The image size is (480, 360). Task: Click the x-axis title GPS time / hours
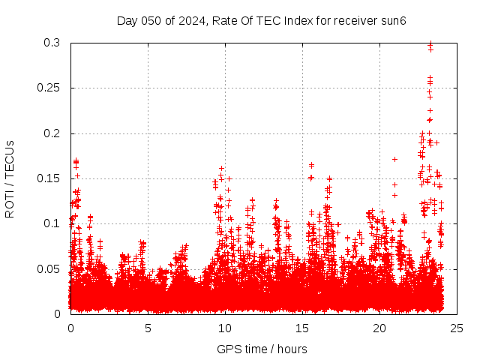(262, 349)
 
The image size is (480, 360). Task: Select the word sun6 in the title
(392, 20)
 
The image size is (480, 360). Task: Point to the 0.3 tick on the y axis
(52, 43)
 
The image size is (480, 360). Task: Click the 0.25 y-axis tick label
(49, 88)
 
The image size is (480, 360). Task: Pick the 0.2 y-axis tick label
(52, 133)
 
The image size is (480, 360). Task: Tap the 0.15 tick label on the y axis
(49, 178)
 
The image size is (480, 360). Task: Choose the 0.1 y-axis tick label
(52, 223)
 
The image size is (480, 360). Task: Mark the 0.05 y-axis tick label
(49, 268)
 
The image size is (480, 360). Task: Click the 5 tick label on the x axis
(148, 328)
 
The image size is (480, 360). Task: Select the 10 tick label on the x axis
(225, 328)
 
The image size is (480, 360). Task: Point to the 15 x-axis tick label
(302, 328)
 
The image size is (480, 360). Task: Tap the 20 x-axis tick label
(379, 328)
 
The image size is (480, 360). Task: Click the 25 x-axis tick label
(457, 328)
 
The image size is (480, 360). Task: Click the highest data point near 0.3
(430, 43)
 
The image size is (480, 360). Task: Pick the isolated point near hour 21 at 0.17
(394, 159)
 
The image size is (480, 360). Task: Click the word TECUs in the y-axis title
(10, 159)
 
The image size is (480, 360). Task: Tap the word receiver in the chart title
(355, 20)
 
